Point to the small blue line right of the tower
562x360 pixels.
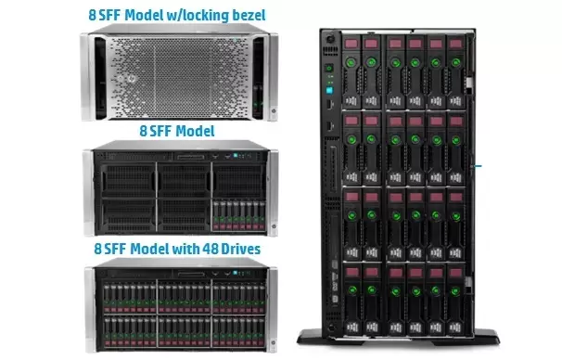479,168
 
